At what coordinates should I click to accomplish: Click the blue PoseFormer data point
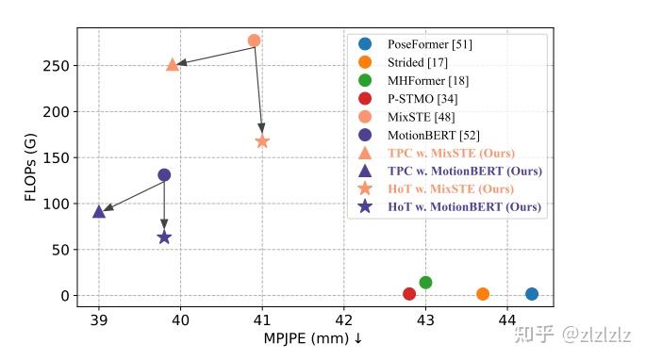(532, 294)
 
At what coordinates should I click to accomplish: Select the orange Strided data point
(483, 294)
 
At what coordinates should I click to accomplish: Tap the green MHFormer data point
(425, 283)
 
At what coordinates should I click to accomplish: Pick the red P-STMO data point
(409, 294)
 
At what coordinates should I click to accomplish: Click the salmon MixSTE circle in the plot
(254, 41)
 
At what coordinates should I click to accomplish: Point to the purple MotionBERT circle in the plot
(164, 174)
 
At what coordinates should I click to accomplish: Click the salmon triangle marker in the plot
(173, 64)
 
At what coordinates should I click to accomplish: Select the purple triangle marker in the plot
(99, 211)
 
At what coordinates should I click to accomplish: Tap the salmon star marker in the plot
(262, 141)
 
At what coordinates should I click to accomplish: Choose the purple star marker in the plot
(164, 237)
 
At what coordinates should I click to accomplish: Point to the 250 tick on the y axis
(59, 66)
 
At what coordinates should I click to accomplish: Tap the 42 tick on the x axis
(344, 319)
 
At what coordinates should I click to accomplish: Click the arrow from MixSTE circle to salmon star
(258, 90)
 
